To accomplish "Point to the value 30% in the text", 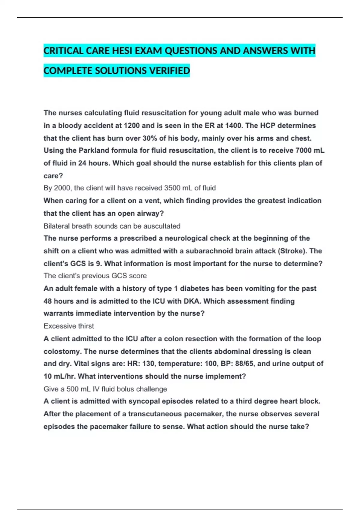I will click(x=149, y=138).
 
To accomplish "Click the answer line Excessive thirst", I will click(x=69, y=326).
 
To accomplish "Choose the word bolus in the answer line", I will click(x=126, y=389).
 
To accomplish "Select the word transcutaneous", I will click(x=155, y=414).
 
